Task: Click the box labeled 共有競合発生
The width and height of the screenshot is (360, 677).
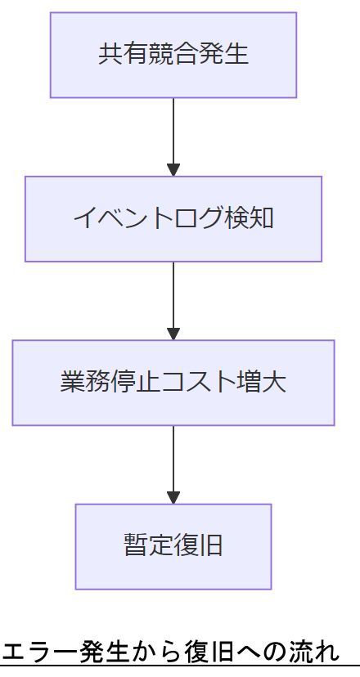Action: [173, 55]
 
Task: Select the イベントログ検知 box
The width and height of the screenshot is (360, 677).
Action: [173, 218]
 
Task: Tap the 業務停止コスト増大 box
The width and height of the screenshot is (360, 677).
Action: [173, 382]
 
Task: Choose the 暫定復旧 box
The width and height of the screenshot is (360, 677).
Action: [173, 545]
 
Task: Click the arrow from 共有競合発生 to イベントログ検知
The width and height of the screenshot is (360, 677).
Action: [173, 131]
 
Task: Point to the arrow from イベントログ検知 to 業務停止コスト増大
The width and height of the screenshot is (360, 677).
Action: [173, 294]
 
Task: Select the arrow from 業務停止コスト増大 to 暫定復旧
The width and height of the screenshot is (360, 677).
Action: [173, 458]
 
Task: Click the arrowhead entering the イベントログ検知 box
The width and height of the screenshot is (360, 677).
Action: [173, 170]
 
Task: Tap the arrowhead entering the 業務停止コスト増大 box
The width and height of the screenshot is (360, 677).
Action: [173, 334]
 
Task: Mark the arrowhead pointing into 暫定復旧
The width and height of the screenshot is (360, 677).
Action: [173, 497]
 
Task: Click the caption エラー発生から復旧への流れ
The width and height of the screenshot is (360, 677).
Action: [170, 652]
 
